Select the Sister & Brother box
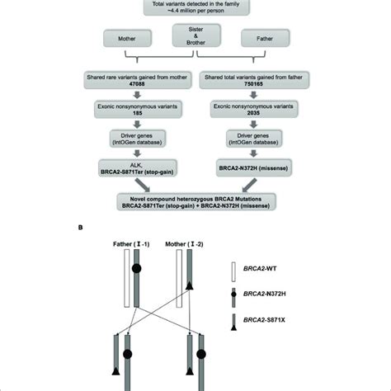(195, 38)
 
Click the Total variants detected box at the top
(195, 8)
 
